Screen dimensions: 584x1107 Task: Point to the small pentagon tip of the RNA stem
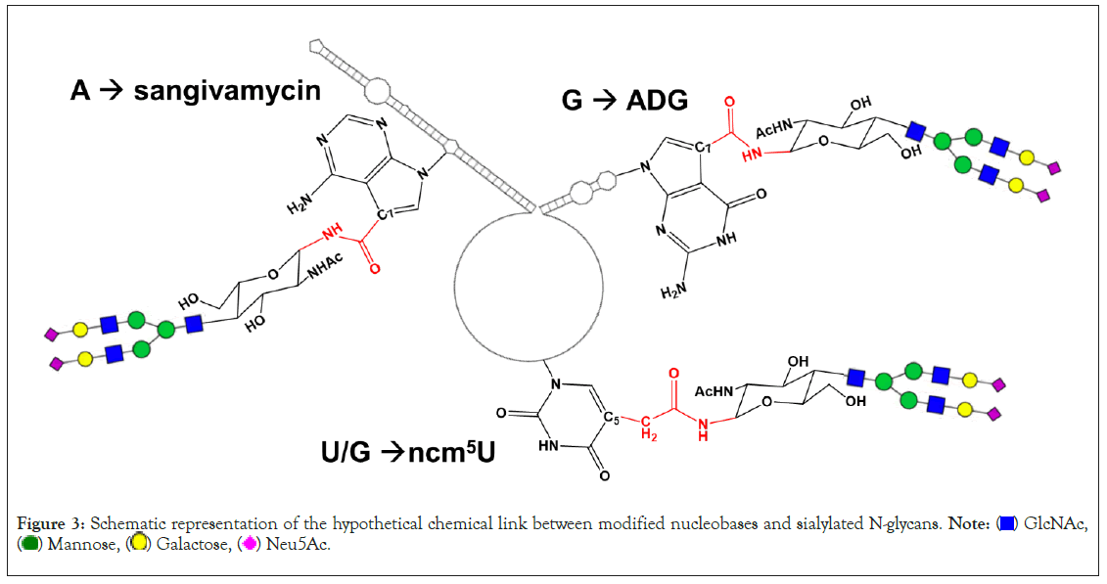tap(315, 45)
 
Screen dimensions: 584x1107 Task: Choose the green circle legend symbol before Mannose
tap(29, 545)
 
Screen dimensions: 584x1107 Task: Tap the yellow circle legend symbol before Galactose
tap(139, 545)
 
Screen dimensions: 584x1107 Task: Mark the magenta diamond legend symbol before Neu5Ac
tap(250, 545)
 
